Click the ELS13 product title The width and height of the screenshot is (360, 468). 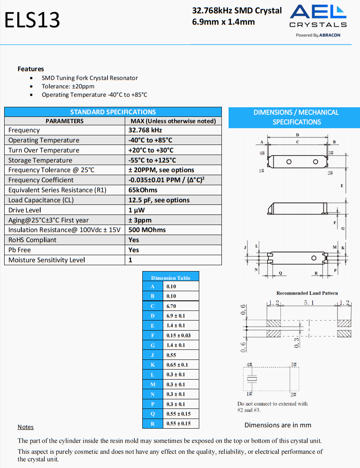click(32, 20)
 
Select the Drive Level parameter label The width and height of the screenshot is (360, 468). click(25, 210)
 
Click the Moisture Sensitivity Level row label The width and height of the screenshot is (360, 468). click(46, 260)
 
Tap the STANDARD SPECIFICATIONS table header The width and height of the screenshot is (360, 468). click(113, 112)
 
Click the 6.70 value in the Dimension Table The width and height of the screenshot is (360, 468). click(171, 306)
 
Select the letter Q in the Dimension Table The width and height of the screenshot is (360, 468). click(153, 414)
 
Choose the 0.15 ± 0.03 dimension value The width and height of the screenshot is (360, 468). click(178, 336)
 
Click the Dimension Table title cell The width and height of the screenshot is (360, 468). click(170, 278)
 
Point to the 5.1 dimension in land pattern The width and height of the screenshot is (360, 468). click(309, 303)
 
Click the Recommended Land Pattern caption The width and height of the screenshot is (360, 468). click(307, 293)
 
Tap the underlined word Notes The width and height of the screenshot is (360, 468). click(26, 427)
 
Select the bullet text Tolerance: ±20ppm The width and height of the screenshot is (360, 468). click(68, 86)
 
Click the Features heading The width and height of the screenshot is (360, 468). click(31, 69)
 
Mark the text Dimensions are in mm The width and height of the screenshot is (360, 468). click(278, 425)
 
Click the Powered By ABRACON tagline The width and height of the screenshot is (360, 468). click(318, 35)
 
